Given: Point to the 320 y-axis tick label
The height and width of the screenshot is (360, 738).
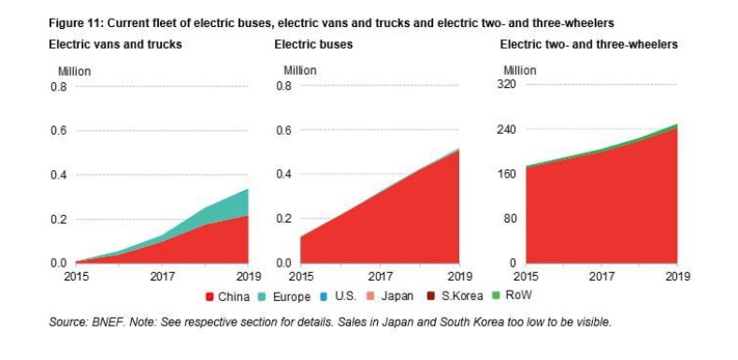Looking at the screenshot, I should tap(510, 85).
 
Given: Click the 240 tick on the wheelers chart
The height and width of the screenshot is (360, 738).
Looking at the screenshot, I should tap(510, 130).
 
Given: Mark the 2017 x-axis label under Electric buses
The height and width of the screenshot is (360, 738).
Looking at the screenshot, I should tap(380, 276).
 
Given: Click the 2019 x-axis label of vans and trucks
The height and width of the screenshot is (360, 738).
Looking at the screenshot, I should tap(247, 276).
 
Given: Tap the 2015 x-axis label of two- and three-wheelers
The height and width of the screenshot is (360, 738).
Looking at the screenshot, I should tap(527, 276).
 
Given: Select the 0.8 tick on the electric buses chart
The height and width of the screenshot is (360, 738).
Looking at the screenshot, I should tap(284, 87).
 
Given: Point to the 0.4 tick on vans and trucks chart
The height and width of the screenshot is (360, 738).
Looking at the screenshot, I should tap(58, 176).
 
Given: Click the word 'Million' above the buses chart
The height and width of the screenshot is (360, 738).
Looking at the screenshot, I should tap(300, 70).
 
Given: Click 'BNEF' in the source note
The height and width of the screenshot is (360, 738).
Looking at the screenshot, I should tap(113, 323).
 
